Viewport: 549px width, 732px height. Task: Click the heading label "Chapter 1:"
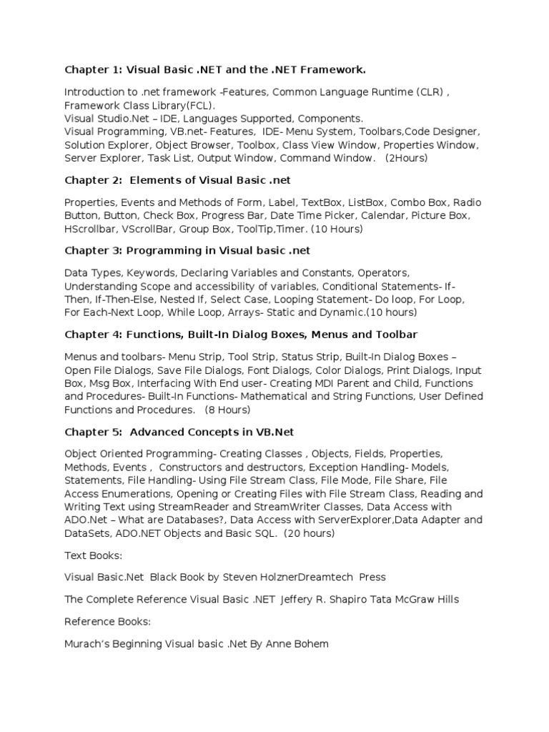point(93,69)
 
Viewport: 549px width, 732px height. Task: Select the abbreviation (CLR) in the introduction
point(428,92)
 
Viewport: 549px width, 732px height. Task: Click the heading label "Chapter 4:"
point(93,335)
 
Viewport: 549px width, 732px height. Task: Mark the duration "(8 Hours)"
point(227,410)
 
